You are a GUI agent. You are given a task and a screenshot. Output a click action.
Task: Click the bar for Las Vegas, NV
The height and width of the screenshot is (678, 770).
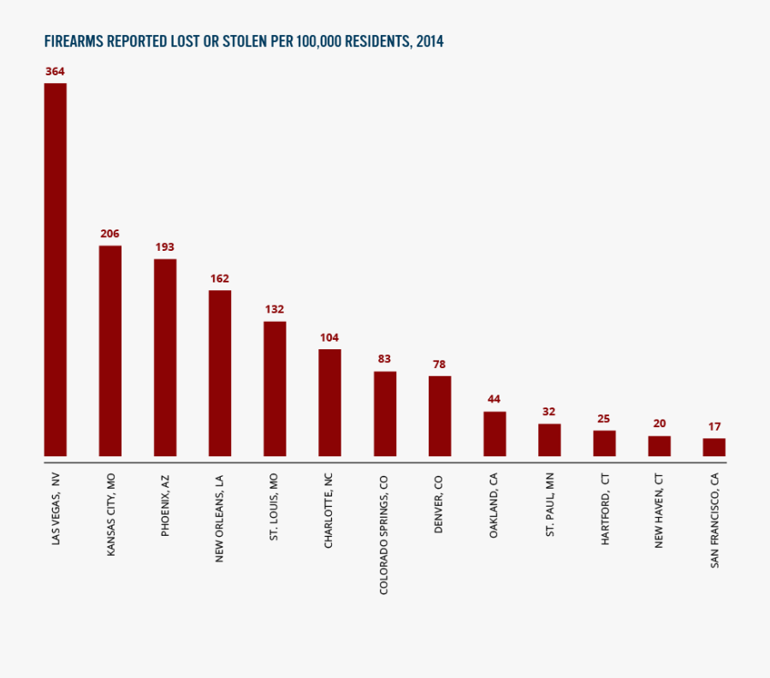[x=56, y=270]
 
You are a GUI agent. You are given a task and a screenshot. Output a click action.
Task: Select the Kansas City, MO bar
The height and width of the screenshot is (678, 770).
[x=110, y=351]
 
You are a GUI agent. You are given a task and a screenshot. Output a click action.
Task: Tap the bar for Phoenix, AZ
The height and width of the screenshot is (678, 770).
[x=165, y=358]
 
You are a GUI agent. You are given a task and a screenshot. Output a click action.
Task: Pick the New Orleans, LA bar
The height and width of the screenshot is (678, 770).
[x=220, y=373]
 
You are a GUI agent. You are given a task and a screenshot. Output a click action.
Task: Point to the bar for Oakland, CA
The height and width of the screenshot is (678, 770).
[x=495, y=434]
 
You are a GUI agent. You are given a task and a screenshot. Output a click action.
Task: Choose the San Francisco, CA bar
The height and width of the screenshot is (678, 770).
[x=714, y=448]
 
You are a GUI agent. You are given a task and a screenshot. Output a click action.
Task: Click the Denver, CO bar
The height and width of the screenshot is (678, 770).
[x=440, y=416]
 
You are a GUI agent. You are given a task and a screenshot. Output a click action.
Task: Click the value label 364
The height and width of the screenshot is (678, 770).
[x=56, y=72]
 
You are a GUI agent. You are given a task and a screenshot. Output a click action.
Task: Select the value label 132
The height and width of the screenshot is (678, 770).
[x=275, y=310]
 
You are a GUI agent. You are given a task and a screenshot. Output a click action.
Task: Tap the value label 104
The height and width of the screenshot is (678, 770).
[x=329, y=337]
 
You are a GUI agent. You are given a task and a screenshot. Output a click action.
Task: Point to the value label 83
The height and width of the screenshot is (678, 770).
[x=384, y=360]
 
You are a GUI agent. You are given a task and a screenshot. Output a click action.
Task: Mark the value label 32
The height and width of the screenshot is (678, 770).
[x=549, y=412]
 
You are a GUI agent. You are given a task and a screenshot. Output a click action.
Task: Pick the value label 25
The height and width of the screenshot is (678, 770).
[x=604, y=419]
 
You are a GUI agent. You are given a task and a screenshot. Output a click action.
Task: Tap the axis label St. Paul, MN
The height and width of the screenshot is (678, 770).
[x=549, y=504]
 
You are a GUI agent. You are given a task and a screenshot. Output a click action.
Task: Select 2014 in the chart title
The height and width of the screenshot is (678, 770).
[x=429, y=41]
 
